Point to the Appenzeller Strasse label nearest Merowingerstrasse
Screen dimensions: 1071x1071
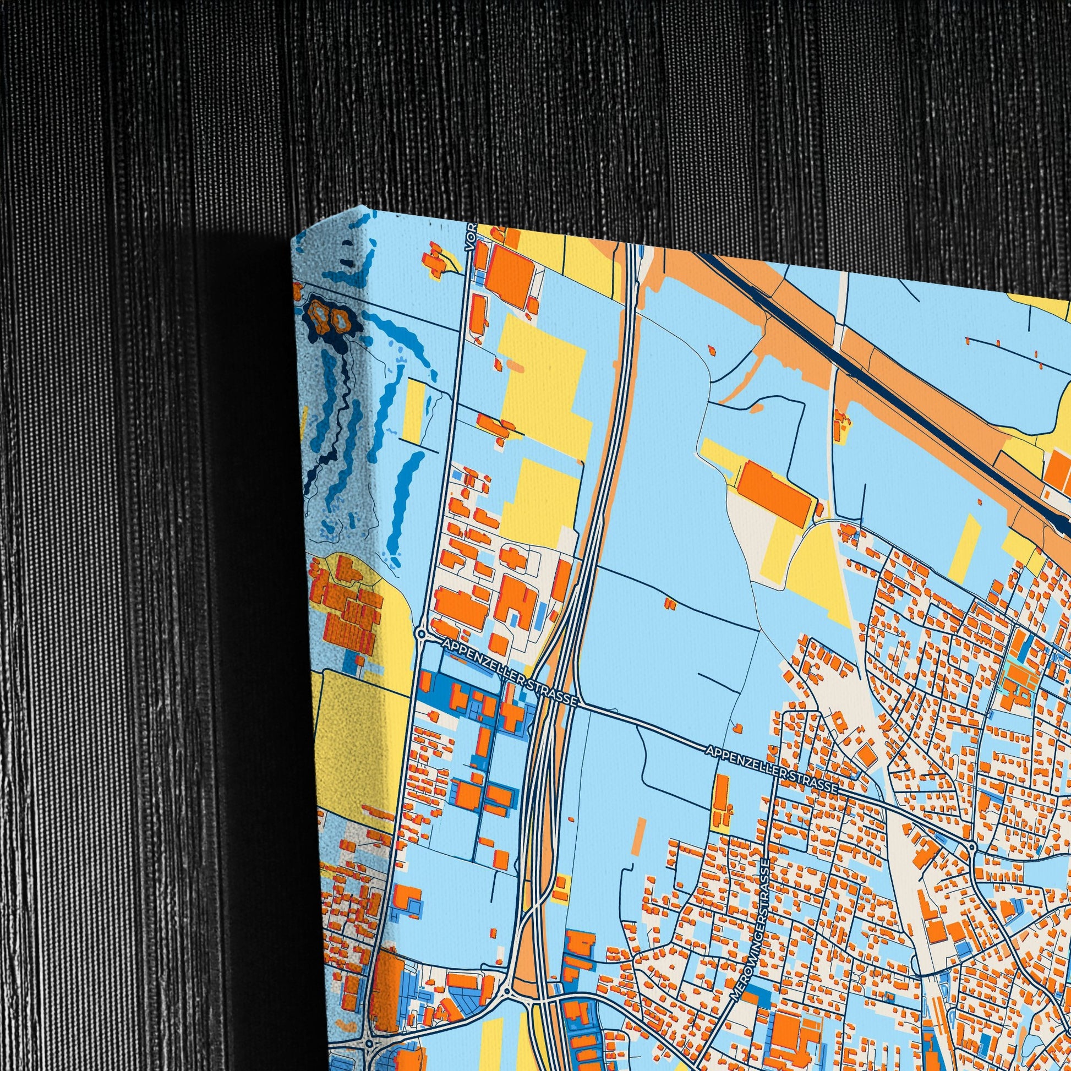pyautogui.click(x=771, y=768)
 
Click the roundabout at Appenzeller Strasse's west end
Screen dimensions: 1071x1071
pyautogui.click(x=422, y=633)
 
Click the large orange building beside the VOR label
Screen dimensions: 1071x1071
pyautogui.click(x=509, y=275)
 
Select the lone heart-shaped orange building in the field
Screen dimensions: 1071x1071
pyautogui.click(x=671, y=603)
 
